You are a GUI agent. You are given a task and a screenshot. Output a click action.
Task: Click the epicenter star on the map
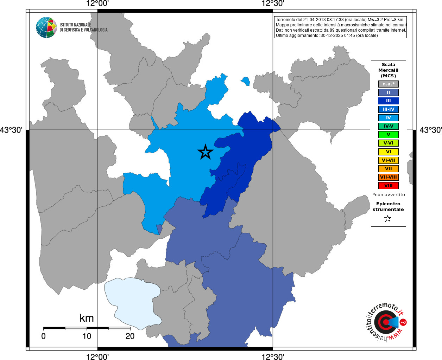(x=206, y=152)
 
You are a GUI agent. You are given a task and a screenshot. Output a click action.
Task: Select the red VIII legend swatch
(x=388, y=186)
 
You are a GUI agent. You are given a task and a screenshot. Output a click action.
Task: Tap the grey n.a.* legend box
(x=388, y=84)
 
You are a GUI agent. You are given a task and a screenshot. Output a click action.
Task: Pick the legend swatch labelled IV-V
(x=388, y=126)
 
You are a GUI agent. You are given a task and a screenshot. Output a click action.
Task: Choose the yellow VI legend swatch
(x=388, y=152)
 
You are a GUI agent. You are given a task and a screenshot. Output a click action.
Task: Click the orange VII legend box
(x=388, y=169)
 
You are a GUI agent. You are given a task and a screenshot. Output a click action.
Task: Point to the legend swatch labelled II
(x=388, y=92)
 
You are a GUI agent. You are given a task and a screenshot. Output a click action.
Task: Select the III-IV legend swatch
(x=388, y=109)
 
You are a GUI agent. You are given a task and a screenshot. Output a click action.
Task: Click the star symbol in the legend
(x=388, y=219)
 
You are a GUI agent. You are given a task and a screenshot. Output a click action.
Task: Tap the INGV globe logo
(x=46, y=27)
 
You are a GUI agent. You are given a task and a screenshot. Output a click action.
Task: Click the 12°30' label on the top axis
(x=273, y=4)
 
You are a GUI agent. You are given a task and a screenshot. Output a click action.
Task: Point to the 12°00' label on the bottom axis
(x=97, y=357)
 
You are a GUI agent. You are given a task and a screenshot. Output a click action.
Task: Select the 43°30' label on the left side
(x=11, y=130)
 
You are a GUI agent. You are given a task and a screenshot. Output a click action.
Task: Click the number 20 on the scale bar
(x=130, y=336)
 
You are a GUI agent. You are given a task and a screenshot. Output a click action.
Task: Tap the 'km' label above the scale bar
(x=87, y=318)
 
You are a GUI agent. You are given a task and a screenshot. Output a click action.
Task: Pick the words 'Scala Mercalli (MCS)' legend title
(x=388, y=70)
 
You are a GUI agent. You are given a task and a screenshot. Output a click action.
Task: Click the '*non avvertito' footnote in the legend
(x=389, y=194)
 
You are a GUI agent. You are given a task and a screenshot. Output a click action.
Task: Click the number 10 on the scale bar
(x=87, y=336)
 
